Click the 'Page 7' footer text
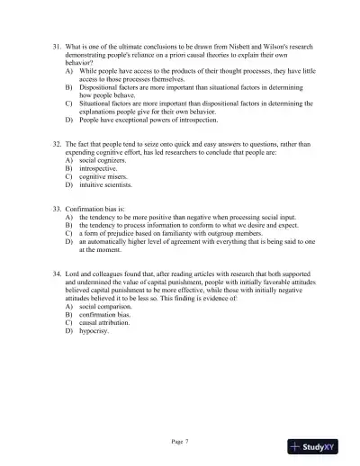tap(180, 441)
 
